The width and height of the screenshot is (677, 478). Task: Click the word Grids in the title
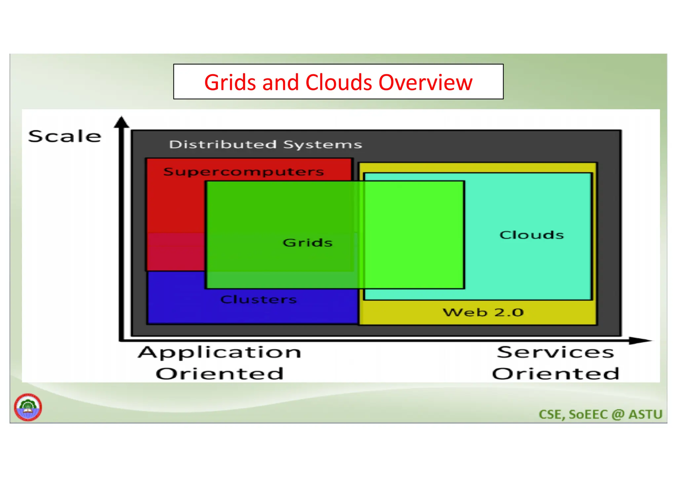tap(230, 83)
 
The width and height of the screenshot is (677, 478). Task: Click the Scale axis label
tap(65, 136)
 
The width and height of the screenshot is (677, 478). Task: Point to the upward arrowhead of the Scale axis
tap(122, 122)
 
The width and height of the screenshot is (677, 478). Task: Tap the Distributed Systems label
tap(265, 145)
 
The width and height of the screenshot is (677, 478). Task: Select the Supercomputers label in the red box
tap(244, 172)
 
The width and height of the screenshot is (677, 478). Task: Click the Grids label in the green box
tap(307, 243)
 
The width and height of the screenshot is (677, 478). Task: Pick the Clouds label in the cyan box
tap(532, 235)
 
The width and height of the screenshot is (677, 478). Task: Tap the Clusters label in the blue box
tap(259, 299)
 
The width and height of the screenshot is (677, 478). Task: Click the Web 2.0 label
tap(483, 312)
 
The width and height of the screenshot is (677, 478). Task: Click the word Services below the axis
tap(555, 352)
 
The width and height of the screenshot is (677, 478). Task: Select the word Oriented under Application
tap(220, 374)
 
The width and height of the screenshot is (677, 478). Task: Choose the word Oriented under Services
tap(555, 374)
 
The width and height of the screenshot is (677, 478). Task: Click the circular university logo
tap(28, 407)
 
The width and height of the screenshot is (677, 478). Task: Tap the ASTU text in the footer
tap(645, 415)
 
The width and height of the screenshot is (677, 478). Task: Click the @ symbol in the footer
tap(618, 415)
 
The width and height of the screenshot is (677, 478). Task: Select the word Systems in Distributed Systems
tap(323, 145)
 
